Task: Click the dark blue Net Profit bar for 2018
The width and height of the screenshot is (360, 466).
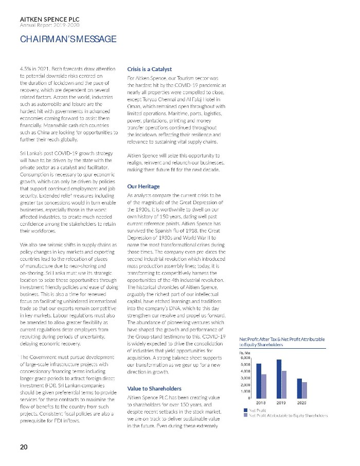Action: click(x=259, y=381)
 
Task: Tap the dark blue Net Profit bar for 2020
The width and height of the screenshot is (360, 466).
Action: click(x=299, y=388)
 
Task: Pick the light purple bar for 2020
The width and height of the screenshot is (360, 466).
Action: click(x=304, y=390)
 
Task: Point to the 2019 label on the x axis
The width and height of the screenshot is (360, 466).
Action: click(x=281, y=402)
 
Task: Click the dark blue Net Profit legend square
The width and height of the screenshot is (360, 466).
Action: click(x=245, y=410)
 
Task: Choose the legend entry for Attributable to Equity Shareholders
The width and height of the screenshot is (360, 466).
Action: click(x=288, y=416)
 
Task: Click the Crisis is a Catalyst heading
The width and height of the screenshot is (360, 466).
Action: click(x=149, y=69)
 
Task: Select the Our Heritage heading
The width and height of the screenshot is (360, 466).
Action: click(x=143, y=186)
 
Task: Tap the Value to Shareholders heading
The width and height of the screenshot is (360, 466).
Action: click(x=154, y=388)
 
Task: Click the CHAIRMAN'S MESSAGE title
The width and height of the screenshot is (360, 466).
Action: click(x=68, y=39)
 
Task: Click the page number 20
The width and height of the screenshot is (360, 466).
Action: click(x=24, y=447)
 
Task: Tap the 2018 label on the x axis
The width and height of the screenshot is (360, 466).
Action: click(x=261, y=402)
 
